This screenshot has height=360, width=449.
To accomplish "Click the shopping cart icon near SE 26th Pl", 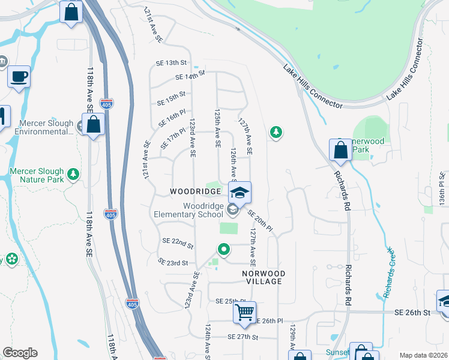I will [244, 313].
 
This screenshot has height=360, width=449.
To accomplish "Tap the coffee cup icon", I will [19, 77].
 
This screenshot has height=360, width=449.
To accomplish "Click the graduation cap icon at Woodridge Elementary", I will [240, 193].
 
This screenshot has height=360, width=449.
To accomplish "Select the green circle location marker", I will [224, 249].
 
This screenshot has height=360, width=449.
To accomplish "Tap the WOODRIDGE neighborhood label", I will [196, 191].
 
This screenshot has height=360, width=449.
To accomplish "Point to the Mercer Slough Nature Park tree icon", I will [73, 175].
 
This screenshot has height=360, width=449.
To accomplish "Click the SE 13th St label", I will [173, 62].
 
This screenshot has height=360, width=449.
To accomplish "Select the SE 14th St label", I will [190, 75].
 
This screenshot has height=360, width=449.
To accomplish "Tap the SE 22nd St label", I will [178, 242].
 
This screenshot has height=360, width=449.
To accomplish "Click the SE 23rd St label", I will [173, 262].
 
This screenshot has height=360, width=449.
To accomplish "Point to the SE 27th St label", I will [243, 337].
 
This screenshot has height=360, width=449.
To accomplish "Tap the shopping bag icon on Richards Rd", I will [340, 151].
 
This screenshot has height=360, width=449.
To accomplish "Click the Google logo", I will [20, 353].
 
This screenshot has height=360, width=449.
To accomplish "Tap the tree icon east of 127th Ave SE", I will [276, 131].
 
